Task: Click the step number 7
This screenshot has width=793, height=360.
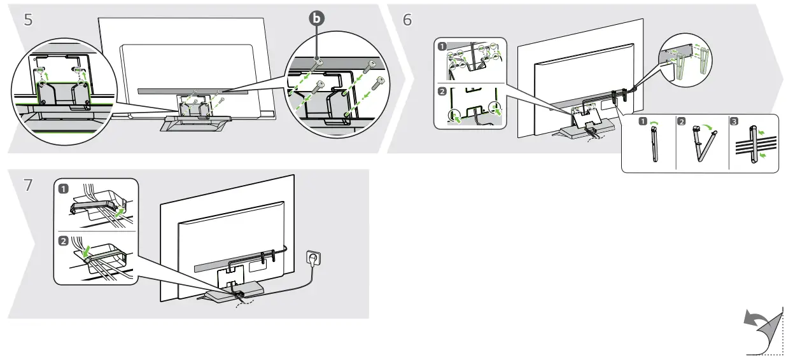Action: coord(28,186)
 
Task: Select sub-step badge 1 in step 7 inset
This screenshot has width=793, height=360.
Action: coord(64,189)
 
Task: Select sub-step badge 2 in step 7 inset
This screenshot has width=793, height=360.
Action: coord(64,241)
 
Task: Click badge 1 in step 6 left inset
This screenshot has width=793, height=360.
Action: coord(441,46)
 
